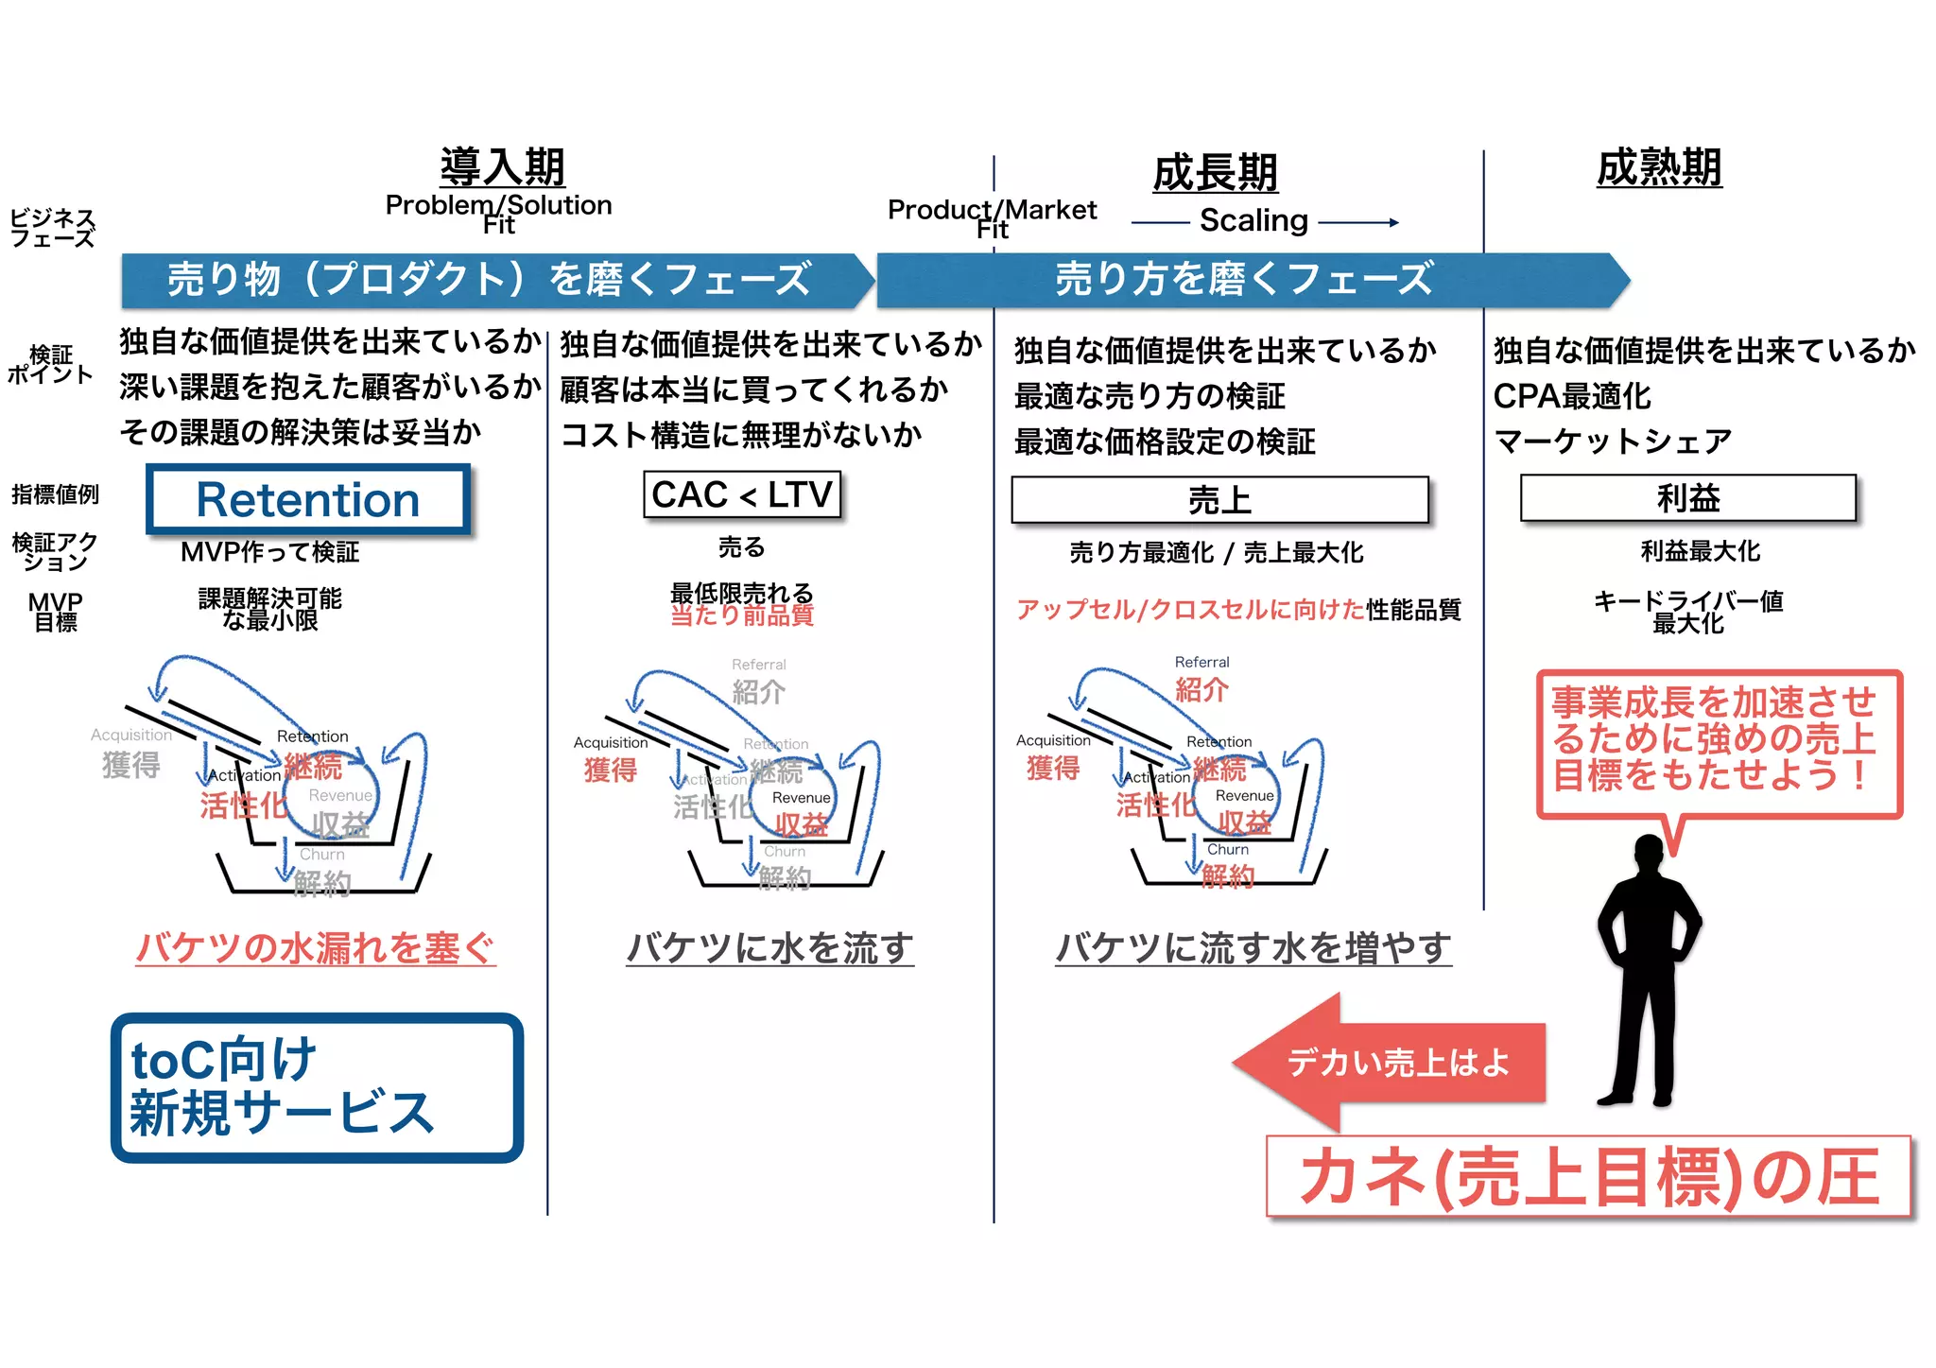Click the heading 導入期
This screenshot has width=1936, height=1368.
pos(502,167)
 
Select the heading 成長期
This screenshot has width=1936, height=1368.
pos(1215,173)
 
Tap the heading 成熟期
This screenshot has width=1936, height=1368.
pos(1659,168)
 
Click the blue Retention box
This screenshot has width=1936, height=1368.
pos(308,499)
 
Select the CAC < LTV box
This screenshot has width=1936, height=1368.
pos(741,494)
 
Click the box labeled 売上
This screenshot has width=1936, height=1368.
pos(1219,499)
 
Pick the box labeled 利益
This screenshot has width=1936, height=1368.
pos(1688,497)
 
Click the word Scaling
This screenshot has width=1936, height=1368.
pos(1253,220)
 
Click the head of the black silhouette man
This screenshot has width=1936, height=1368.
pos(1649,850)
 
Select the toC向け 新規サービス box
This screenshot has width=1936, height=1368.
pos(317,1087)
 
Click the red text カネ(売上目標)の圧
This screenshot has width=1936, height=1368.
pos(1588,1177)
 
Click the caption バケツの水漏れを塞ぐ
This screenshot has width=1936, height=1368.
pos(316,947)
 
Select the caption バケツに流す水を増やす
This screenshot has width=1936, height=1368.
pos(1253,947)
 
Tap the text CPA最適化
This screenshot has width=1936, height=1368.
pos(1572,396)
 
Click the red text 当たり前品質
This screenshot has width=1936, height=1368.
pos(742,615)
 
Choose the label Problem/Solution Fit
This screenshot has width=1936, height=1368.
pos(498,214)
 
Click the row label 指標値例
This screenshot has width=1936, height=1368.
pos(55,494)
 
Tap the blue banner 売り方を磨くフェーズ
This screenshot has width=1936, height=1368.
pos(1243,280)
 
